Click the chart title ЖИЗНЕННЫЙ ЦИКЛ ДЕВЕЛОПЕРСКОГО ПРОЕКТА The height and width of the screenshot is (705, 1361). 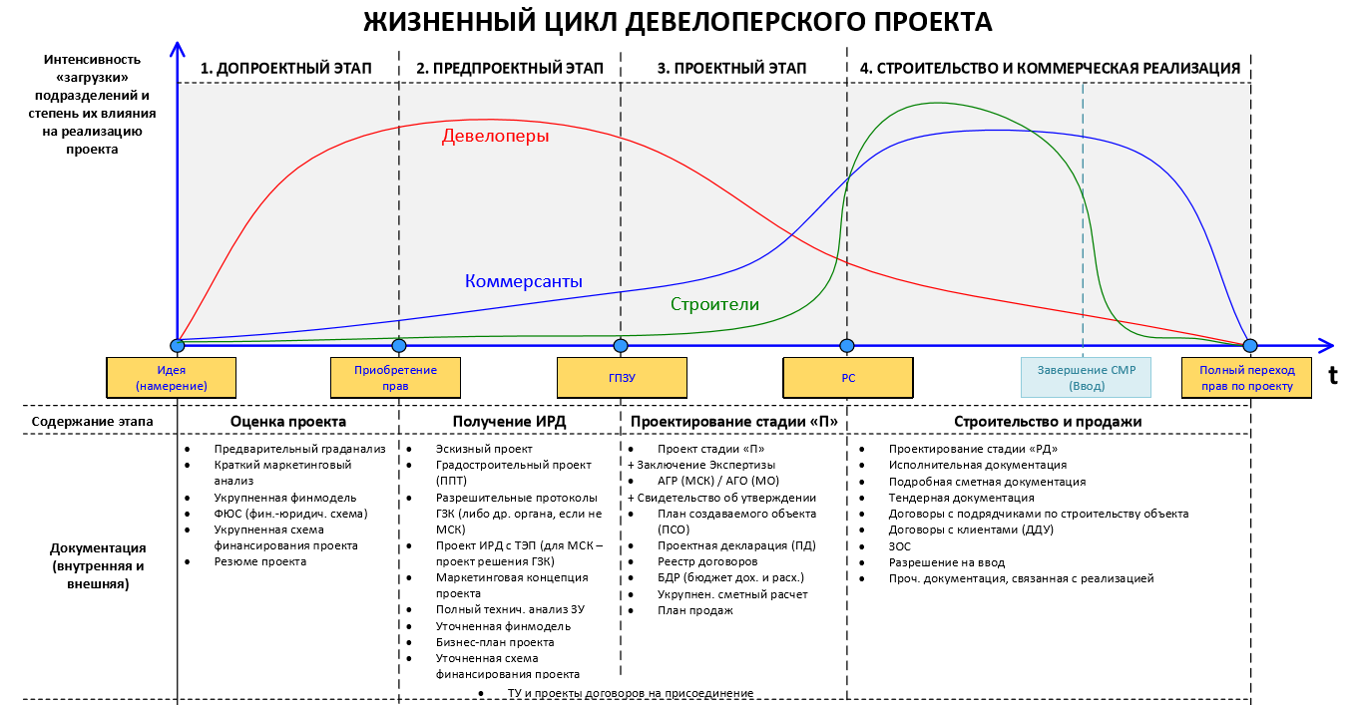pyautogui.click(x=678, y=22)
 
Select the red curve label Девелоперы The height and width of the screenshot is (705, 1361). pyautogui.click(x=495, y=136)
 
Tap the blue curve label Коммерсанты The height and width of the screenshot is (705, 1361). pyautogui.click(x=524, y=281)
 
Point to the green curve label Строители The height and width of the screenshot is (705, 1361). pyautogui.click(x=714, y=304)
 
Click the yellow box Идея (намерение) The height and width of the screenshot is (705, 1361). pyautogui.click(x=172, y=378)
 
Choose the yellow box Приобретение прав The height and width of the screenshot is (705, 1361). pyautogui.click(x=395, y=378)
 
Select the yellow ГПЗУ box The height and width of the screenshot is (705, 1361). pyautogui.click(x=622, y=378)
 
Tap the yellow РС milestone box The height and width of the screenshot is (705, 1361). pyautogui.click(x=848, y=378)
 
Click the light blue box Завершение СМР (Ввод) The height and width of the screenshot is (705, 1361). pyautogui.click(x=1086, y=378)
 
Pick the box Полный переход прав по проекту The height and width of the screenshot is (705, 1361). pyautogui.click(x=1246, y=378)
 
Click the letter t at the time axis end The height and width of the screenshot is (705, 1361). pyautogui.click(x=1332, y=376)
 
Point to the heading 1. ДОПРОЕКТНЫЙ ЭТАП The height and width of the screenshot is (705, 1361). pyautogui.click(x=286, y=68)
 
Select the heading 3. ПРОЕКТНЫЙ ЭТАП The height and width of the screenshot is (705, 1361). pyautogui.click(x=731, y=68)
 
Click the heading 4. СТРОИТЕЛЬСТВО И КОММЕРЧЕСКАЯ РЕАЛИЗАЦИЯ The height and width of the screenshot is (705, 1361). pyautogui.click(x=1050, y=68)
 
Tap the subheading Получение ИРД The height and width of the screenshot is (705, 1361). pyautogui.click(x=509, y=422)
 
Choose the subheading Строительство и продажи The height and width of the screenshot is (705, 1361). pyautogui.click(x=1048, y=422)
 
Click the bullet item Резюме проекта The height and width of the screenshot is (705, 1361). pyautogui.click(x=260, y=561)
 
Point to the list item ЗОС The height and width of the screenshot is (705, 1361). pyautogui.click(x=900, y=546)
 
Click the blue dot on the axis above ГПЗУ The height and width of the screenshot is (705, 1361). pyautogui.click(x=621, y=346)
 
